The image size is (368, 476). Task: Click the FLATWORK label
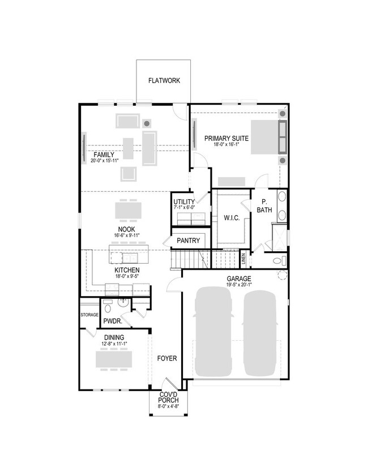(x=164, y=80)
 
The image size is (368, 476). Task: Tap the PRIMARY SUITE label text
(x=226, y=138)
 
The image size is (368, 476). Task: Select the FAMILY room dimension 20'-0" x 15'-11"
(x=104, y=161)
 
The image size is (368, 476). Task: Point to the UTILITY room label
(x=184, y=202)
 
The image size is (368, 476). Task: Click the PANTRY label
(x=188, y=241)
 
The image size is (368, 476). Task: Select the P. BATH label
(x=264, y=206)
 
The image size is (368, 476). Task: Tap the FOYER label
(x=168, y=358)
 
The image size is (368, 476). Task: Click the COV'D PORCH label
(x=169, y=397)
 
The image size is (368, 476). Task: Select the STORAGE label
(x=89, y=315)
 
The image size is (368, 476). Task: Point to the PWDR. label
(x=110, y=321)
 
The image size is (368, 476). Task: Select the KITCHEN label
(x=127, y=271)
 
